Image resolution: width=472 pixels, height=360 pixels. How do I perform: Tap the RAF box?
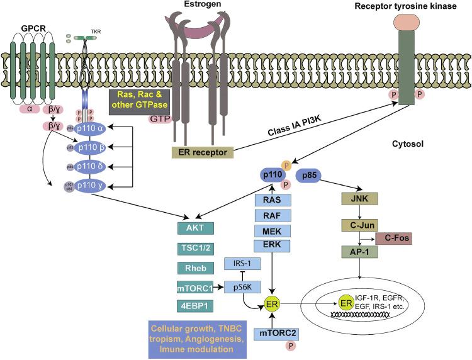pos(271,215)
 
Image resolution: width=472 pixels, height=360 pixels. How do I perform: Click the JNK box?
pos(359,200)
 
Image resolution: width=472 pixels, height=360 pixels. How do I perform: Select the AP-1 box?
pos(359,250)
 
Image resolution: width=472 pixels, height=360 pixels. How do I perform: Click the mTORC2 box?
pos(272,334)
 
